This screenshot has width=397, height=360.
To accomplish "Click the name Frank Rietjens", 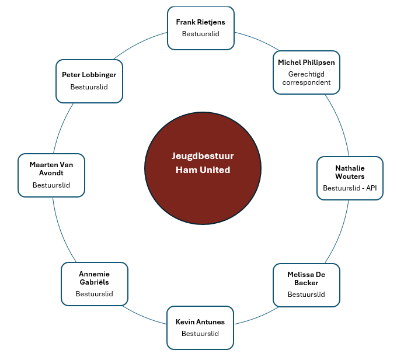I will click(x=200, y=22).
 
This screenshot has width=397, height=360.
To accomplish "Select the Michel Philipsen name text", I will click(x=306, y=62).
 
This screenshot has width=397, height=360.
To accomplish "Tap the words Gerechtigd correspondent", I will click(x=306, y=78).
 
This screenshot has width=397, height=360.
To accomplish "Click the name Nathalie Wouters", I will click(x=350, y=172).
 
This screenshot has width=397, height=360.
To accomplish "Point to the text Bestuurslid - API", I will click(x=350, y=188).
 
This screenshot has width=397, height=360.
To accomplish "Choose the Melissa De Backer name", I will click(x=306, y=278).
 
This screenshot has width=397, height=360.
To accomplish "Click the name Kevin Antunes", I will click(x=200, y=322).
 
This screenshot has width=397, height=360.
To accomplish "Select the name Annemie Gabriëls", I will click(x=94, y=278).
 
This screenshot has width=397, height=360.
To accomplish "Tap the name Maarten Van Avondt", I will click(x=51, y=168).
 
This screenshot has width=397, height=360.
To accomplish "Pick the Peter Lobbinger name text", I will click(x=89, y=75).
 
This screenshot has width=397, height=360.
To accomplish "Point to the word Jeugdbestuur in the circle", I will click(x=203, y=156).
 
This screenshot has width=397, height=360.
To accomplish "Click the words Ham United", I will click(x=203, y=170).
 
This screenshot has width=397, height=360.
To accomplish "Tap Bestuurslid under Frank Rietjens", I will click(x=200, y=34).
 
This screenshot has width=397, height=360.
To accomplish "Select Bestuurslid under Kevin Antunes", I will click(x=200, y=334).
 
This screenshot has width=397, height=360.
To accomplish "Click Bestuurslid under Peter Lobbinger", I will click(x=89, y=87).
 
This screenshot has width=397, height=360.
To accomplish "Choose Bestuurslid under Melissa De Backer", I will click(x=306, y=295).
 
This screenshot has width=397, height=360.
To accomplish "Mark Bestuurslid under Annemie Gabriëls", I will click(x=94, y=294).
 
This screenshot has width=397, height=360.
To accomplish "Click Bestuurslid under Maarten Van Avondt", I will click(x=51, y=185).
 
